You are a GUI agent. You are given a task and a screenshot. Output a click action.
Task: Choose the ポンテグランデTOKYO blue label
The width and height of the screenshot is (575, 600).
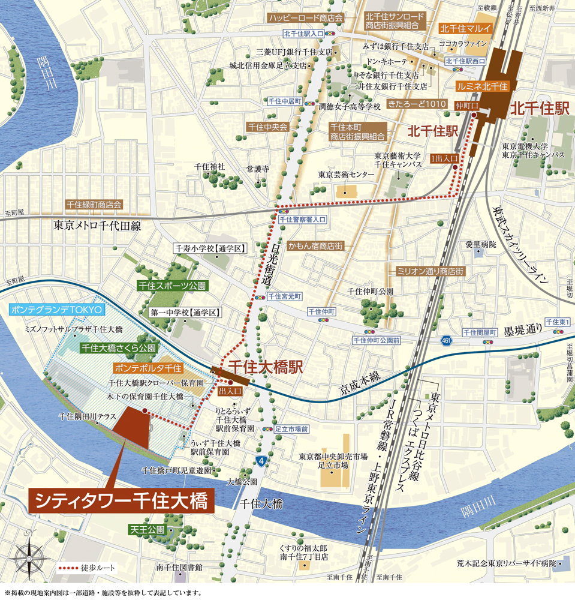click(x=58, y=310)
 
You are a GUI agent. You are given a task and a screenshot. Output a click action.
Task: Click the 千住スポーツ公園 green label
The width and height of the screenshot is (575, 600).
click(x=171, y=286)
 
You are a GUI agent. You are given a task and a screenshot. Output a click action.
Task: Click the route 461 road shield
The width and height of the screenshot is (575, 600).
click(x=445, y=341)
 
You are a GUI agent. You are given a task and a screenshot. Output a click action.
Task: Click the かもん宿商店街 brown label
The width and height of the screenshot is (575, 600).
click(x=315, y=247)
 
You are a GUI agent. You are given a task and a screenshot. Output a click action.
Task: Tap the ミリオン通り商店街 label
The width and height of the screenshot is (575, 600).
click(x=430, y=271)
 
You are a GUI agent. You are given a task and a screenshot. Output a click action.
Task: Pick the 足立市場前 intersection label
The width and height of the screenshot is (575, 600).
click(x=291, y=430)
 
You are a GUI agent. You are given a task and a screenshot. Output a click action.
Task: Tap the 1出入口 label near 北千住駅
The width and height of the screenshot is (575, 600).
click(x=444, y=157)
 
